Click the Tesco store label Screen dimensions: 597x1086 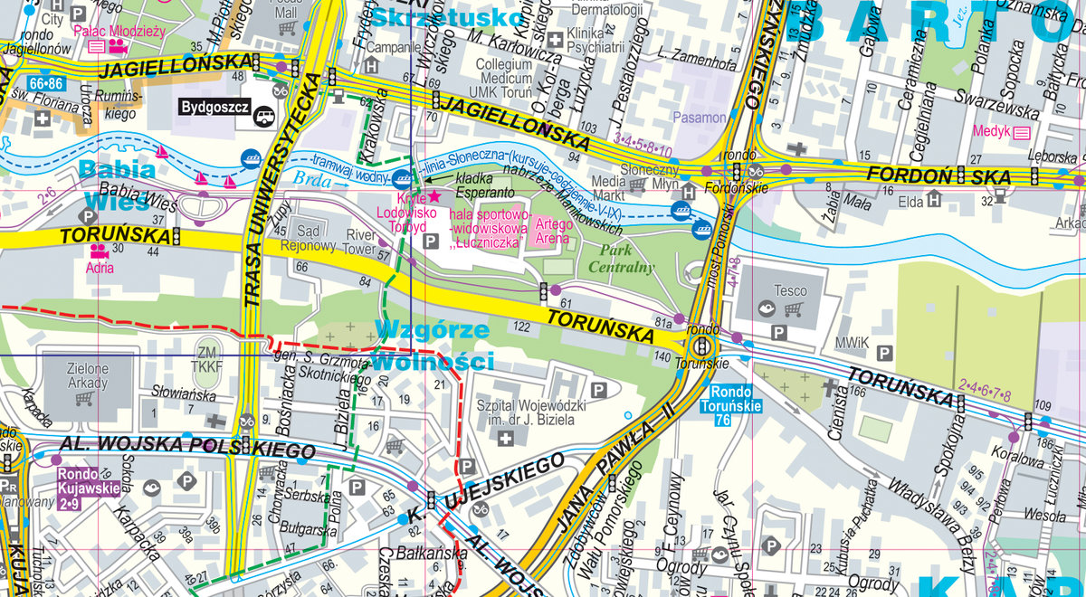[x=790, y=292]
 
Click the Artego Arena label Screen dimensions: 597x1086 [x=553, y=231]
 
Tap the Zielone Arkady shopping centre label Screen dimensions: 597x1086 [x=88, y=375]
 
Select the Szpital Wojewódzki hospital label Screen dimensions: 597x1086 [x=538, y=413]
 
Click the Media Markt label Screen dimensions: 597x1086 [x=609, y=187]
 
